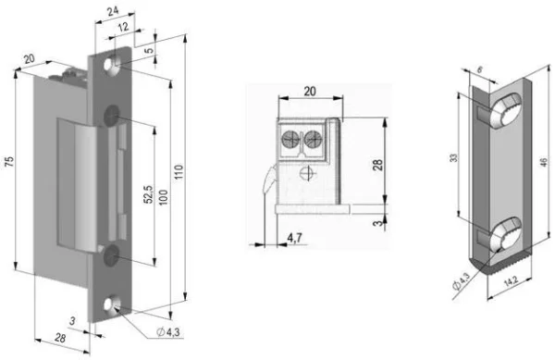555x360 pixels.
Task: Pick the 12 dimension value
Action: pos(122,27)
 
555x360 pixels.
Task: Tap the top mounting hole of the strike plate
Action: pos(112,66)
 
